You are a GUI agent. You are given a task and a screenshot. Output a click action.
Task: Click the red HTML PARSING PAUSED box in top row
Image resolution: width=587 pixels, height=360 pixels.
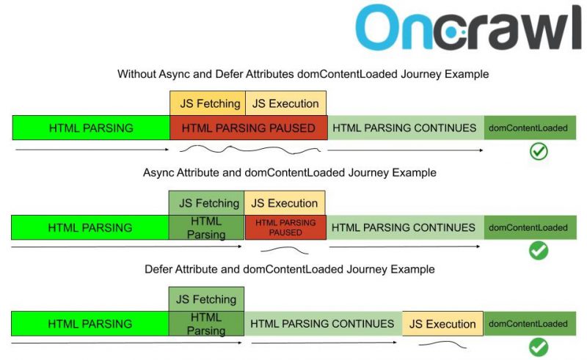coord(248,128)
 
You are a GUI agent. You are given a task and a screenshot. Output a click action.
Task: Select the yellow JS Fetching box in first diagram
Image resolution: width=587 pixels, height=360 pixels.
coord(208,103)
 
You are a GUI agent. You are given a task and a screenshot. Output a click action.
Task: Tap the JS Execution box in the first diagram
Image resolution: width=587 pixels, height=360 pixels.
coord(285,103)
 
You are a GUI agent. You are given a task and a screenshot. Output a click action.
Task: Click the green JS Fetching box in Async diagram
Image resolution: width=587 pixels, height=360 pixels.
coord(208,203)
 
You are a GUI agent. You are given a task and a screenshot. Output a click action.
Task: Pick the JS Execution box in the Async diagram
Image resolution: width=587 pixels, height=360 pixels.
coord(285,203)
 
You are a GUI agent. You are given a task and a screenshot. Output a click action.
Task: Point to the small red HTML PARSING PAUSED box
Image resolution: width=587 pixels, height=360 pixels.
coord(285,227)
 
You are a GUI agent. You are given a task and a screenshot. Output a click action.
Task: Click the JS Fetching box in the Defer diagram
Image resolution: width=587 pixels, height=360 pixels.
coord(206,299)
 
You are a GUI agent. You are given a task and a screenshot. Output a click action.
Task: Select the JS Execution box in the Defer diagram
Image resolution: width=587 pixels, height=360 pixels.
coord(442,324)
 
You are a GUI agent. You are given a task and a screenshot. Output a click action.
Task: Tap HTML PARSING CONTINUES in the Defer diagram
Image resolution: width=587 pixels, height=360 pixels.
coord(322,324)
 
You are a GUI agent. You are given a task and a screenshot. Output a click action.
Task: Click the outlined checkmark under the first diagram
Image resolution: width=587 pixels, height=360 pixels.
coord(539,152)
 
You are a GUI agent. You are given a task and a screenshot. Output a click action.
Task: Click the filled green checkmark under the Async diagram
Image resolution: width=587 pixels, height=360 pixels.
coord(539,251)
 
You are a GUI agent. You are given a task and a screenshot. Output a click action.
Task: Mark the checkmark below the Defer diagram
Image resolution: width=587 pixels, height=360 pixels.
coord(539,347)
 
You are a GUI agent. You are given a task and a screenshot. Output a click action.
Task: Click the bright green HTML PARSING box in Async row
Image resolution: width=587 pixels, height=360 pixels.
coord(90,227)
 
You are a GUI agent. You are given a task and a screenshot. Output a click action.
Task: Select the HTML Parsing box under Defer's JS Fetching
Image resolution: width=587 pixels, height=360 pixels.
coord(206,324)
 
